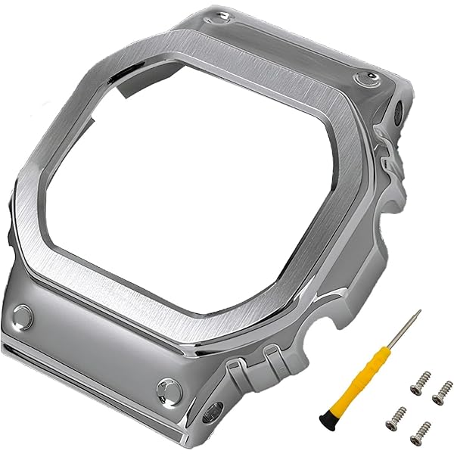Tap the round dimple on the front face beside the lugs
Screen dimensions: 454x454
(x=166, y=390)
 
